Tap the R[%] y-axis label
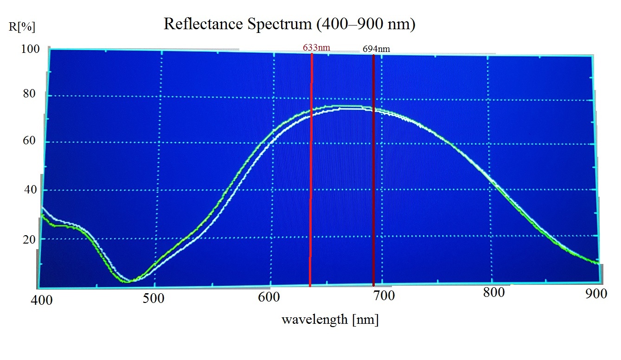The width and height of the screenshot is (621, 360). click(22, 27)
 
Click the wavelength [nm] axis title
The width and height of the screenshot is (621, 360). click(330, 319)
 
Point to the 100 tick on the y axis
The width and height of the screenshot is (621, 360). click(31, 49)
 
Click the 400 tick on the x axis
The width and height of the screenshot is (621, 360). click(42, 300)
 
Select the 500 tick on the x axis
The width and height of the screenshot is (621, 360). click(153, 298)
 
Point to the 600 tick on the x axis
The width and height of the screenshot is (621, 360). click(269, 297)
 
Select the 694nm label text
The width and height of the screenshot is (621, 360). click(376, 48)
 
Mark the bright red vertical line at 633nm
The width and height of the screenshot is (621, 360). click(311, 186)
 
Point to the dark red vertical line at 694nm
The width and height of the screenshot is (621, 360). click(373, 186)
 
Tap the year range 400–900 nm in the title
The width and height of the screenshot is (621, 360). click(365, 24)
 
